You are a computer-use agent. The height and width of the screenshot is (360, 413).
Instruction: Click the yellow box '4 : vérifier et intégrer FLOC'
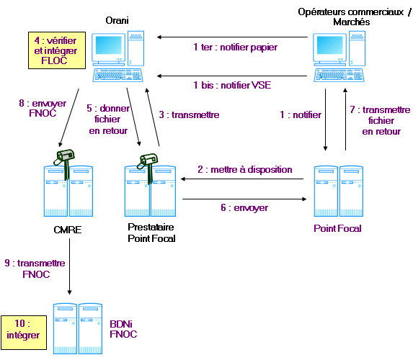coord(57,50)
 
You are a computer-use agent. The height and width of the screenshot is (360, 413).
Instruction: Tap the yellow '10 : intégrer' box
coord(24,333)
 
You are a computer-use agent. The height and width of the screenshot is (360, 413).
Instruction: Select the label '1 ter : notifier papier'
coord(235,48)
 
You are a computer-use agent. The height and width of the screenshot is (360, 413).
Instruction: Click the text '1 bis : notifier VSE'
coord(232,85)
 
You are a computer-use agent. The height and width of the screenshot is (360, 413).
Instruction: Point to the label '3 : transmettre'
coord(189,114)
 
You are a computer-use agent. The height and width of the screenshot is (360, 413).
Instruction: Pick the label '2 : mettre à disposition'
coord(245,169)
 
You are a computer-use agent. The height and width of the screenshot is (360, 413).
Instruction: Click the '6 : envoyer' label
coord(244,207)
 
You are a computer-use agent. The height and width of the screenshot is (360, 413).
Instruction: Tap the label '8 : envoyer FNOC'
coord(43,108)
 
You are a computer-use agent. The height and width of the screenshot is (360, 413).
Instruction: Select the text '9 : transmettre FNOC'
coord(35,269)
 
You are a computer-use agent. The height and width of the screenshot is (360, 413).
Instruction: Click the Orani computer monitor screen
coord(109,45)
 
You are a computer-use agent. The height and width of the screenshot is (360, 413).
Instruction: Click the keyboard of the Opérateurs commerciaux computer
coord(339,76)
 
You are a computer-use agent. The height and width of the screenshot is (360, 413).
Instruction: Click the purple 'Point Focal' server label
coord(337,228)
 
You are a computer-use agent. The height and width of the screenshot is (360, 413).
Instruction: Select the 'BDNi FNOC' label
coord(123,329)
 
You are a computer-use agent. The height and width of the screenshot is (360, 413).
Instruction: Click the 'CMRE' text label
coord(68,230)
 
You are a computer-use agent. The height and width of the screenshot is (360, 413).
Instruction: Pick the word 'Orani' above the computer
coord(117,21)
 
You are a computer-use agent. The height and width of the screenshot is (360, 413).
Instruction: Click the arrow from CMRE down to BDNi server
coord(69,266)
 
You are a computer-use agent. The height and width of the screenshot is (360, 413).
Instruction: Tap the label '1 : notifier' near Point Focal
coord(301,114)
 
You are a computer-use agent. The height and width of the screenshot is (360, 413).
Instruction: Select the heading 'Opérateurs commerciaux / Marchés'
coord(355,17)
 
